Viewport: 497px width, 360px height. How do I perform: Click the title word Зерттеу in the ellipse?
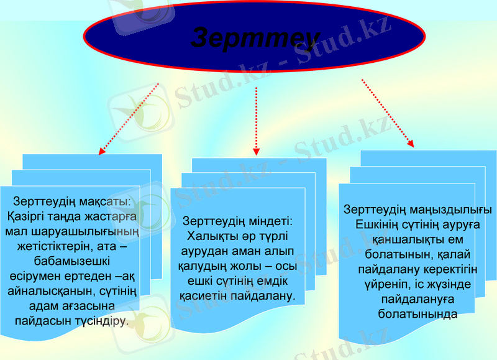[255, 39]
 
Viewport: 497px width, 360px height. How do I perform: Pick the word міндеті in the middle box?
[266, 221]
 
